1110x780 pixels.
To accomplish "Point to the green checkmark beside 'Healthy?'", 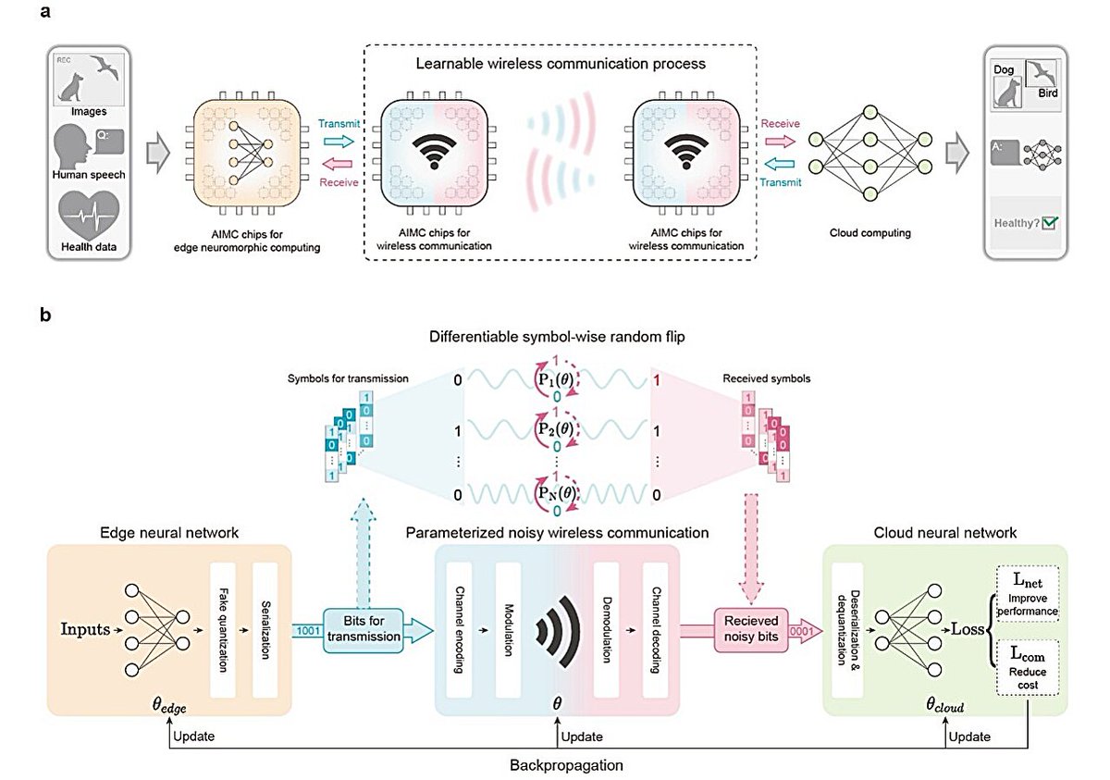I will pos(1049,222).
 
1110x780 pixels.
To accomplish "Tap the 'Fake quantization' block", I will pos(223,630).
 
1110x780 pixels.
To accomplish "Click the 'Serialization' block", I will pos(265,630).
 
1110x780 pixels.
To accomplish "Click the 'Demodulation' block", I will pos(606,630).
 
